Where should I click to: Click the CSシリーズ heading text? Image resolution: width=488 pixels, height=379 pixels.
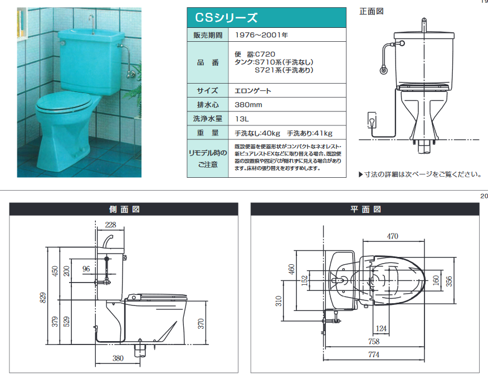226,18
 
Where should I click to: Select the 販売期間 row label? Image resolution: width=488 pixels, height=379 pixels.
207,35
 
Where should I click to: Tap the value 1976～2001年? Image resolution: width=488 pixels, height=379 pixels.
261,35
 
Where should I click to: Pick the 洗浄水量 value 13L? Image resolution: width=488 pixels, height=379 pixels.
242,119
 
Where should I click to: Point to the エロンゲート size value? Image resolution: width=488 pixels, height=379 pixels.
253,90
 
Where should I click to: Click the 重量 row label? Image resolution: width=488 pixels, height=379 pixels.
207,133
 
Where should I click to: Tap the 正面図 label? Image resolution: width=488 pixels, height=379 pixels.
372,11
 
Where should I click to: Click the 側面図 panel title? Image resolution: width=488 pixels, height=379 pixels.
124,209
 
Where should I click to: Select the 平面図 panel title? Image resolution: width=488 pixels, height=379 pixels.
366,209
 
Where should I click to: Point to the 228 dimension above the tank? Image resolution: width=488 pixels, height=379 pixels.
111,225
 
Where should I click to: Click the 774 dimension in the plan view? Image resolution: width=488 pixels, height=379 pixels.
374,354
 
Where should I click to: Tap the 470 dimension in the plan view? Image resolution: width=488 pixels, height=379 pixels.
393,236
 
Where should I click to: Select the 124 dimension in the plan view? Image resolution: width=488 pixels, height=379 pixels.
381,328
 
